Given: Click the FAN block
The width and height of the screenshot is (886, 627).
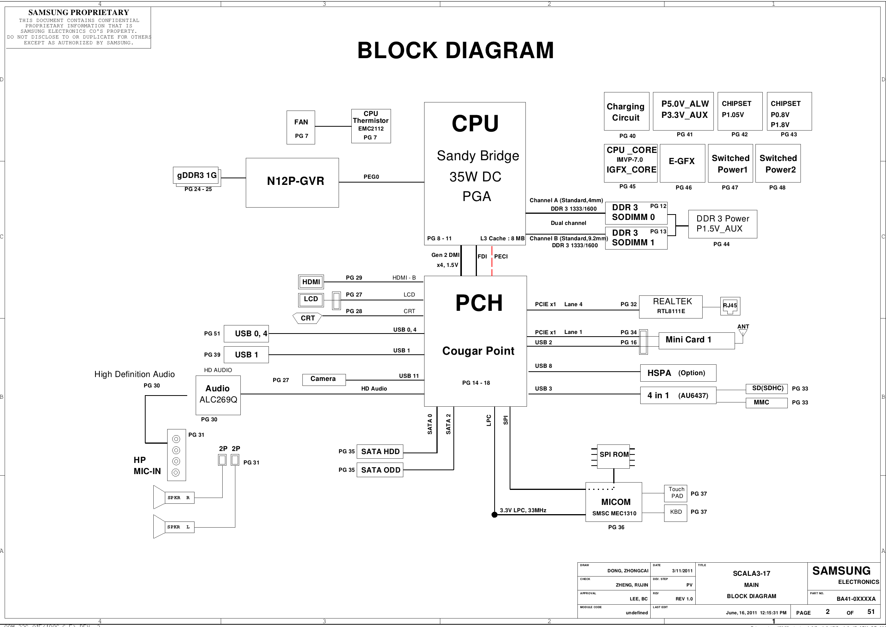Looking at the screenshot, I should point(300,127).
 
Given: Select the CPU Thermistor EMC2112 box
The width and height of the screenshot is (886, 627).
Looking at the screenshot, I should point(371,126).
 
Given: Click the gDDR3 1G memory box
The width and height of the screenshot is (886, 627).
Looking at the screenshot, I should point(196,176).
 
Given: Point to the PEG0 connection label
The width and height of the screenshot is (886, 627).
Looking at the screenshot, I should point(371,177).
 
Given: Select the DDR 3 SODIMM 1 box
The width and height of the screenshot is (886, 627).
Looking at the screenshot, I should point(636,238).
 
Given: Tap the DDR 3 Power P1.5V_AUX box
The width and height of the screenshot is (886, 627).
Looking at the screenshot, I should point(722,224).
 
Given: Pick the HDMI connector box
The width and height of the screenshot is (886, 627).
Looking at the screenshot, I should point(311,282).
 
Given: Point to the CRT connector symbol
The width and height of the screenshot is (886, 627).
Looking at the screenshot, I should point(307,318).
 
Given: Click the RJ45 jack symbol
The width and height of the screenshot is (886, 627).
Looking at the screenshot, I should point(730,306).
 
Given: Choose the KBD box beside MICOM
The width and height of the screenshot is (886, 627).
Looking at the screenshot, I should point(675,513).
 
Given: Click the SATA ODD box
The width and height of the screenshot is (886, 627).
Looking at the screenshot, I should point(380,470).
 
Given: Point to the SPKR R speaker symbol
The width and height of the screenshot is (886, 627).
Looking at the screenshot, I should point(174,497).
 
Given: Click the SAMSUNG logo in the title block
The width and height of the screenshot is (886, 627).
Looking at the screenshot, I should point(841,571).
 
